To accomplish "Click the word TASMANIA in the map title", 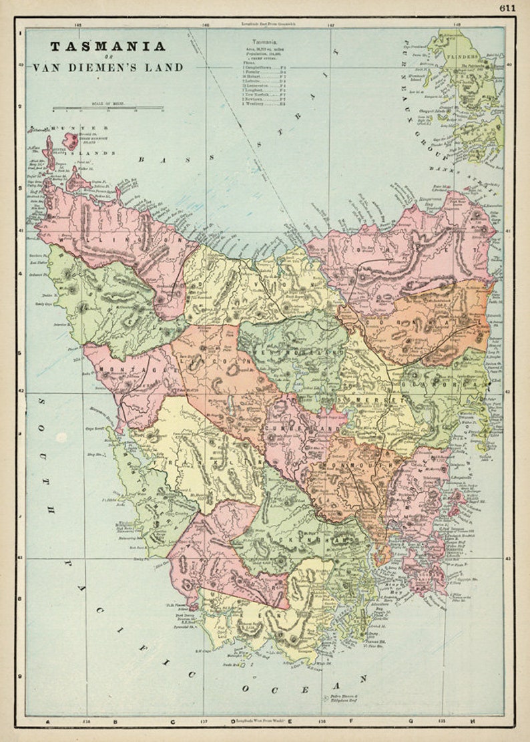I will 107,47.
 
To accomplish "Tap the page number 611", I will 507,7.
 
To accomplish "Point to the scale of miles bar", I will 108,108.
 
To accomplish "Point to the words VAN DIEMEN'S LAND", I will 107,67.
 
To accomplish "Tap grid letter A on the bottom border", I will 47,721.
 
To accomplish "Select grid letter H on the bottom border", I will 473,721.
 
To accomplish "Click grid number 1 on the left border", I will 20,33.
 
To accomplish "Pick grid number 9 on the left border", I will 20,677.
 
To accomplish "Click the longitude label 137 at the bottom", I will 203,721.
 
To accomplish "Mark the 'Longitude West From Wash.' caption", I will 268,721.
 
